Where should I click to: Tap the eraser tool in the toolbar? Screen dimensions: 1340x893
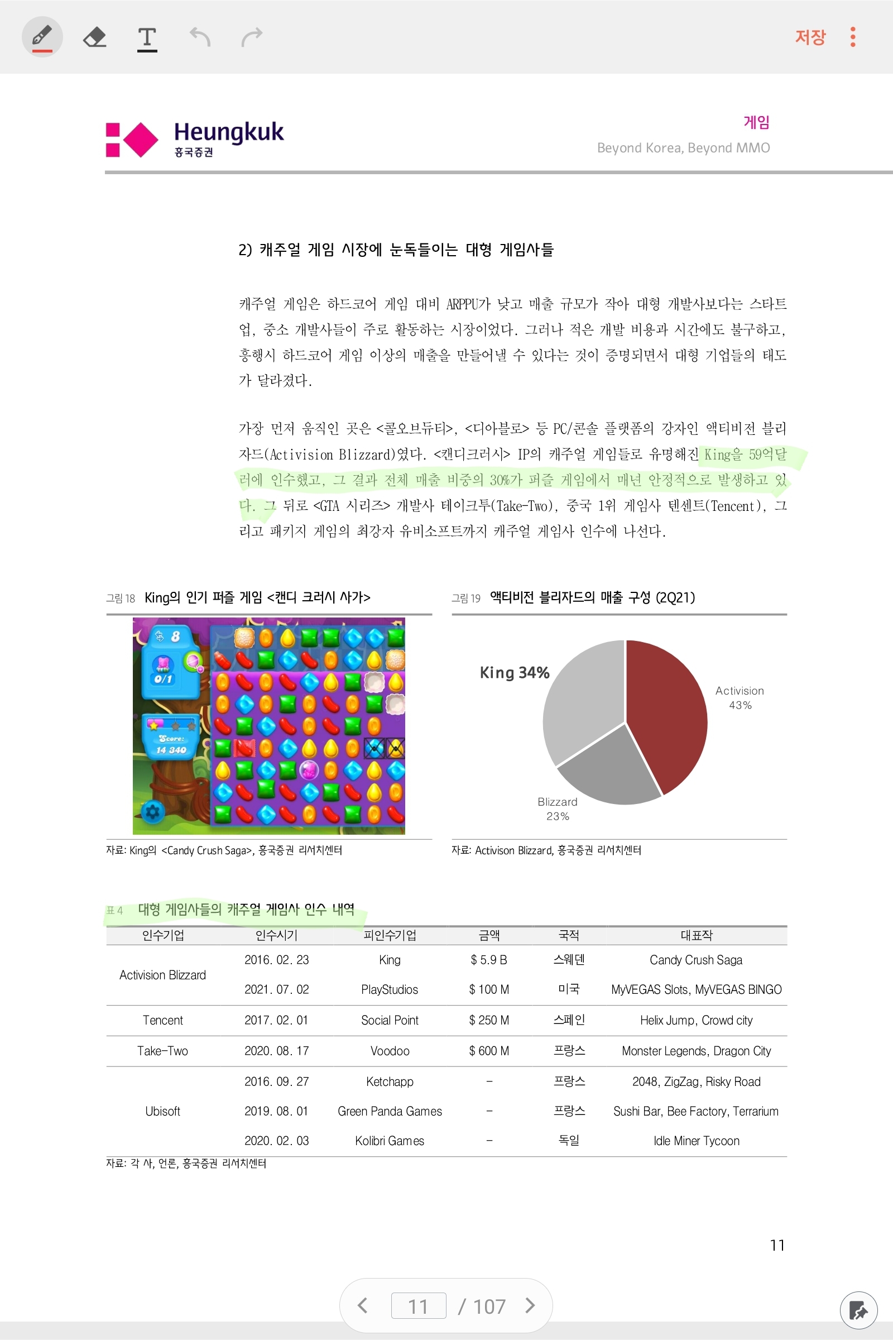click(x=94, y=37)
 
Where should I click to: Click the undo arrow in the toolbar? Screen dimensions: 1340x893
click(x=200, y=37)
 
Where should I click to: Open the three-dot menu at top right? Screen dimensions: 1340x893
click(x=853, y=37)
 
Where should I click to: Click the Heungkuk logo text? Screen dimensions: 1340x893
click(x=228, y=132)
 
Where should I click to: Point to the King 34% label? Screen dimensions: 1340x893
click(x=514, y=673)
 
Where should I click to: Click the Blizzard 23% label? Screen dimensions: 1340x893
click(x=558, y=808)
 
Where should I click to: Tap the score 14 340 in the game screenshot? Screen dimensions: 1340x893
click(x=171, y=750)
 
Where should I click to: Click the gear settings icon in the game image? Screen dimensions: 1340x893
click(x=152, y=811)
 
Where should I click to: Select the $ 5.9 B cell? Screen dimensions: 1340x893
click(x=489, y=960)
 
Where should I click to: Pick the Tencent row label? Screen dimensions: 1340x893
click(x=163, y=1021)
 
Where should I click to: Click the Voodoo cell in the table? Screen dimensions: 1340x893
click(x=390, y=1051)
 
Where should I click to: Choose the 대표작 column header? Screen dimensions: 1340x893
click(x=696, y=935)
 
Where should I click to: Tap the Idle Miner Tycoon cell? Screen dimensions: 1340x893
click(x=696, y=1141)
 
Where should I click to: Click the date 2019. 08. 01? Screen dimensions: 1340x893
click(x=276, y=1111)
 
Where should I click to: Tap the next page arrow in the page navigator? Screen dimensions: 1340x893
click(x=530, y=1305)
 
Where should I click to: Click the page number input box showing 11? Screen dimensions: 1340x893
click(x=418, y=1306)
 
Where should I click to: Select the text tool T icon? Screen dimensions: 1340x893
click(x=147, y=37)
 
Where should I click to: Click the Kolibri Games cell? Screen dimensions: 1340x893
click(x=390, y=1141)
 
